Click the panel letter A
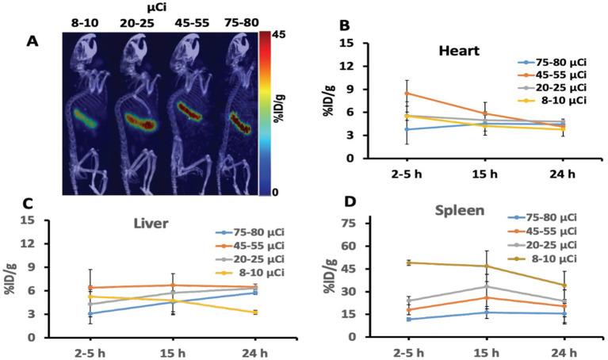33,42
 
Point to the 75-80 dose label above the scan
237,22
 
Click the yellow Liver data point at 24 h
255,312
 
